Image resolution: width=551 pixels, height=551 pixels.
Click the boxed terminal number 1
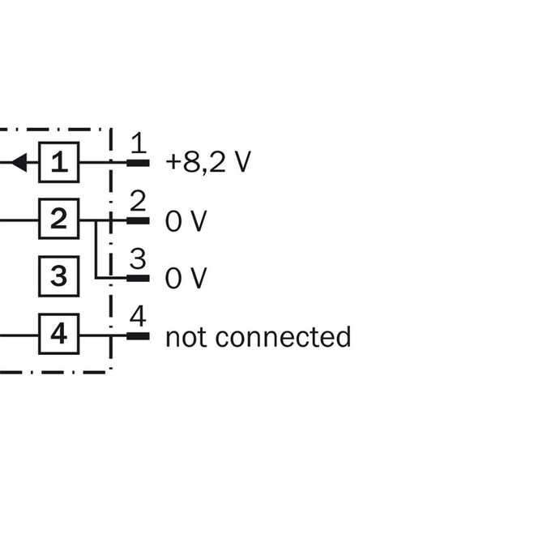[58, 162]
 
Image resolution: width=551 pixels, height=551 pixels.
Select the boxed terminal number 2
[58, 219]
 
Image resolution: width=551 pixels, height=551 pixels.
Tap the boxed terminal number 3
[58, 276]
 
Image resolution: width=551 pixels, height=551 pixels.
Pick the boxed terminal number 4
[58, 334]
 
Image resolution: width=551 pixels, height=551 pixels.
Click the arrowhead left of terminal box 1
[19, 163]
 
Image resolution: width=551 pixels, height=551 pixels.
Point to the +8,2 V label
[208, 162]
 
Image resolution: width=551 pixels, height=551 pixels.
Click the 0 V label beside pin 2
[186, 221]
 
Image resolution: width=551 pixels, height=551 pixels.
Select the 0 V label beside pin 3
[186, 278]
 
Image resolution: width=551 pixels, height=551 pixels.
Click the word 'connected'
[284, 336]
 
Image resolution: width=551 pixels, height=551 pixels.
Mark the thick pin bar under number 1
[138, 163]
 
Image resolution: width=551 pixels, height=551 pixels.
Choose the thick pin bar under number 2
[138, 220]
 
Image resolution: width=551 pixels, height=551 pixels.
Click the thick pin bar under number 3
[138, 278]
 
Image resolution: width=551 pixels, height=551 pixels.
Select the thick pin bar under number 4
[138, 336]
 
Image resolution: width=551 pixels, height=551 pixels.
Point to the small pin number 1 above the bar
[139, 143]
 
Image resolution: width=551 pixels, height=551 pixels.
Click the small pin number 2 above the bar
[138, 201]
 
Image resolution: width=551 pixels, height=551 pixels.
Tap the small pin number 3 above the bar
[138, 258]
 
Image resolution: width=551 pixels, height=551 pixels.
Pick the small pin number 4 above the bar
[138, 315]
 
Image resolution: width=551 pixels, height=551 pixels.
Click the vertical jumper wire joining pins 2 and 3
[96, 250]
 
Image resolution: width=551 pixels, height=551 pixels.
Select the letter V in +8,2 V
[243, 161]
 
